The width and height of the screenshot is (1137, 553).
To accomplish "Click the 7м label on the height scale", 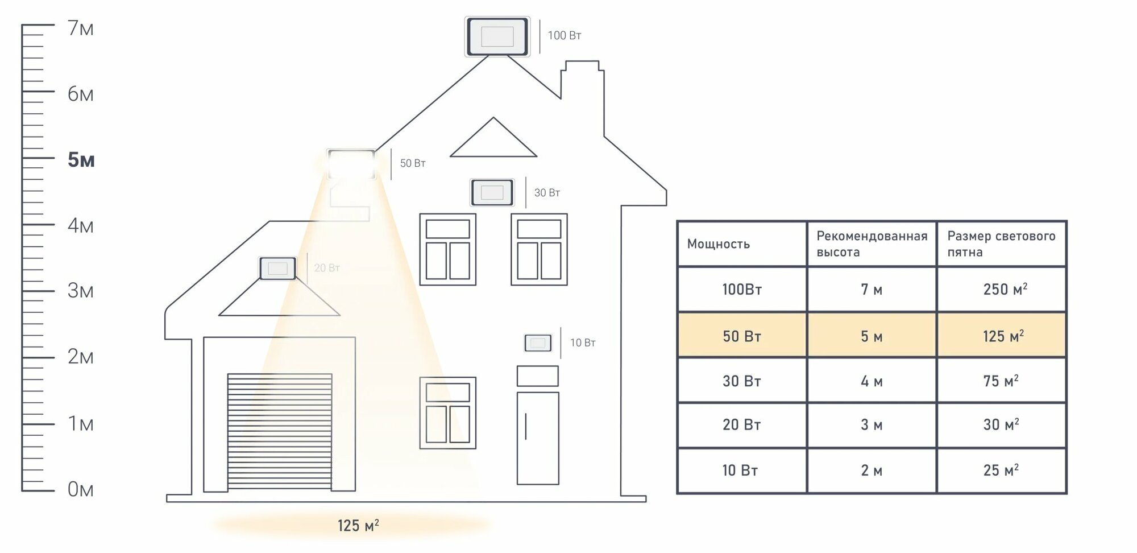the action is click(80, 28).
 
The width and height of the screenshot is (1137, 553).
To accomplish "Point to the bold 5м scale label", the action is click(81, 160).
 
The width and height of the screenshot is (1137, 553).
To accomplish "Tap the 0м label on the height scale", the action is click(80, 489).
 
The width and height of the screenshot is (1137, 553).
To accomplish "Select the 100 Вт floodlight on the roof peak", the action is click(497, 37).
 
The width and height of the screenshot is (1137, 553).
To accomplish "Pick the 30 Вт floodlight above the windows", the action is click(492, 192).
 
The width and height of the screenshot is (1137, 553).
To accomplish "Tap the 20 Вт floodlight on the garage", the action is click(277, 268).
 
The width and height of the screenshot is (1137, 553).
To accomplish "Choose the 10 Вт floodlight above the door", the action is click(537, 343).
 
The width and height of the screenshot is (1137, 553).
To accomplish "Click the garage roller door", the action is click(280, 431).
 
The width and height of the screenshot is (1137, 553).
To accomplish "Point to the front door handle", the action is click(526, 426).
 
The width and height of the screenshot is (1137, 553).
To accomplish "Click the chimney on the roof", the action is click(582, 80).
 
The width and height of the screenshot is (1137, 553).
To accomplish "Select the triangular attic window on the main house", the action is click(493, 140).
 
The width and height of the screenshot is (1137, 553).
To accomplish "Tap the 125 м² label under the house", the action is click(358, 526).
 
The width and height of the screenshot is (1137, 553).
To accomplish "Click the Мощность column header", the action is click(719, 244).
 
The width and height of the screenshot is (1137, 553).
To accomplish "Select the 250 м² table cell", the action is click(1005, 290).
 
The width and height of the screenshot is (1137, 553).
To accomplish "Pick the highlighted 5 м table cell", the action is click(872, 336).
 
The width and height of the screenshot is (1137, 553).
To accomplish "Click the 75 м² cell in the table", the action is click(1001, 381).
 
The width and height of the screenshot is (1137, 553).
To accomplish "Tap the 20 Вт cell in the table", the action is click(741, 425).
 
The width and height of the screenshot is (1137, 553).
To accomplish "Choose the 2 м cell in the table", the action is click(872, 471).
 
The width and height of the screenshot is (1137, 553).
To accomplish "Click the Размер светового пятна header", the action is click(1001, 244).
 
